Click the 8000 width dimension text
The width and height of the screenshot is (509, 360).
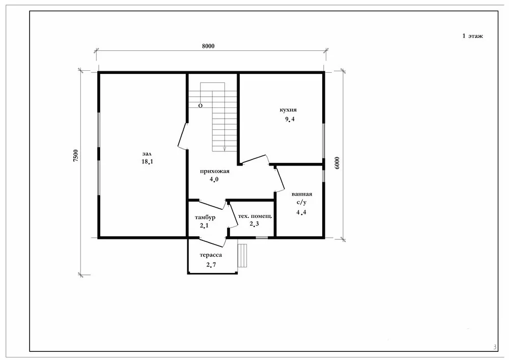pyautogui.click(x=208, y=46)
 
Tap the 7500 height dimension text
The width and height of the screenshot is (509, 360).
pyautogui.click(x=76, y=156)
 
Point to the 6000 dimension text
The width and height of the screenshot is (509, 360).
pyautogui.click(x=337, y=163)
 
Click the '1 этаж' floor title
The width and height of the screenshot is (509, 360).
pyautogui.click(x=472, y=36)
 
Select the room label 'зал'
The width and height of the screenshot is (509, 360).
pyautogui.click(x=147, y=154)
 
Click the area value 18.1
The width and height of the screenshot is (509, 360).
pyautogui.click(x=147, y=161)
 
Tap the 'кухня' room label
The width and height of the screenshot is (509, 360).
pyautogui.click(x=288, y=109)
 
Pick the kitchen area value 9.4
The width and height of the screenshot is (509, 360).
pyautogui.click(x=290, y=119)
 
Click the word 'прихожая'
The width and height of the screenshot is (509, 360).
pyautogui.click(x=215, y=171)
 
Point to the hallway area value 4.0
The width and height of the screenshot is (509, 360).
pyautogui.click(x=214, y=179)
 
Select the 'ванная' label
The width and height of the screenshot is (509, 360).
pyautogui.click(x=302, y=194)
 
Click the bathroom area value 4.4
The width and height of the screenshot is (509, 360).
pyautogui.click(x=301, y=213)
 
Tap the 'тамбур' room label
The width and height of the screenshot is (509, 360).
pyautogui.click(x=205, y=217)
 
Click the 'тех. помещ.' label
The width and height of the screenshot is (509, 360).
pyautogui.click(x=255, y=216)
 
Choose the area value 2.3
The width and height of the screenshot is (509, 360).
pyautogui.click(x=254, y=224)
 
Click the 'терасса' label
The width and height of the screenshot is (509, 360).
pyautogui.click(x=211, y=255)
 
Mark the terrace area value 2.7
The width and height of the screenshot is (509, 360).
pyautogui.click(x=211, y=265)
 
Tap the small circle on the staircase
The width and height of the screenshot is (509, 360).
pyautogui.click(x=200, y=106)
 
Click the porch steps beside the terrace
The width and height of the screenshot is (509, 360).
pyautogui.click(x=242, y=256)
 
